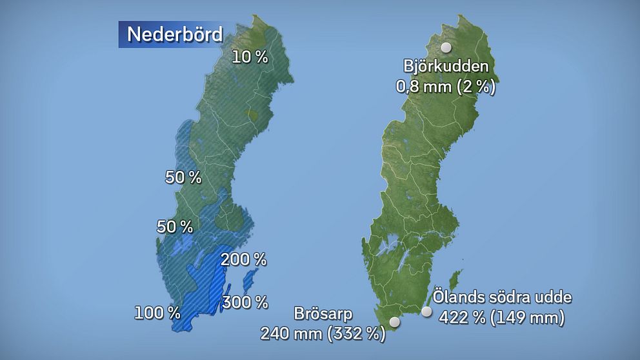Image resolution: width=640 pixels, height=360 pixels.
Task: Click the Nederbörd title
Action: (x=175, y=34)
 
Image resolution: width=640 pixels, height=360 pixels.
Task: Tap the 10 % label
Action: (x=250, y=57)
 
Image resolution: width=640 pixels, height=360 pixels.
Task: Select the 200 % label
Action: (x=243, y=260)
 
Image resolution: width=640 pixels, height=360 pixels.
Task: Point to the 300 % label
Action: (x=245, y=301)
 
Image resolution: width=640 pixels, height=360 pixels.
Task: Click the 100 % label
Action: (x=157, y=314)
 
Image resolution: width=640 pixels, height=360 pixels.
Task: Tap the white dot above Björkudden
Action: (x=446, y=47)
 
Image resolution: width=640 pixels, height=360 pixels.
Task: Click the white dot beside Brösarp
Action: (x=395, y=321)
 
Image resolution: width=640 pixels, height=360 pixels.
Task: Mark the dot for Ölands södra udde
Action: (x=426, y=312)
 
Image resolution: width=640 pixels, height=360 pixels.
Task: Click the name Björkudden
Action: (x=446, y=66)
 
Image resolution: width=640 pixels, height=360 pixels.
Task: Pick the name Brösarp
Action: (x=323, y=315)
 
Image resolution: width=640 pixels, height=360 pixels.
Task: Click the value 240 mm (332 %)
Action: (x=323, y=334)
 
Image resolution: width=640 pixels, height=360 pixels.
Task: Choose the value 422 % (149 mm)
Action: (x=502, y=317)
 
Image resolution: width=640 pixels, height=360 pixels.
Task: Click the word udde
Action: (x=557, y=298)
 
